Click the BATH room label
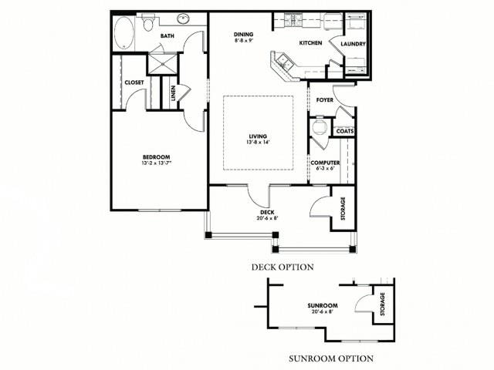(x=167, y=36)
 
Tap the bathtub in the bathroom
(x=124, y=33)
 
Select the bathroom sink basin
(x=184, y=18)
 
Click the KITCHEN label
(x=310, y=44)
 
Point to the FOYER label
(x=324, y=100)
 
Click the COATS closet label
(x=344, y=131)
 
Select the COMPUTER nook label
(x=325, y=163)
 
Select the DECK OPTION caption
(x=282, y=267)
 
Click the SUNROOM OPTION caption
(x=331, y=358)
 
